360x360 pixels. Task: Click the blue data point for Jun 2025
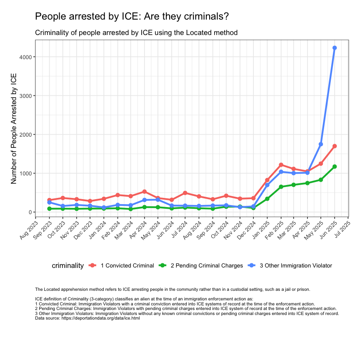coord(335,48)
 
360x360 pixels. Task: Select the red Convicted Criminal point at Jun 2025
coord(335,146)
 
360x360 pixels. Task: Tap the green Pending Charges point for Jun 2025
coord(335,167)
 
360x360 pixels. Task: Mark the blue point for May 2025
coord(321,144)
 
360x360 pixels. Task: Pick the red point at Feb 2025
coord(281,165)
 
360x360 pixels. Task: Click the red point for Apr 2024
coord(144,192)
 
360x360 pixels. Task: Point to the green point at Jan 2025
coord(267,199)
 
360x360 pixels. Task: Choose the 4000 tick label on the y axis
coord(25,57)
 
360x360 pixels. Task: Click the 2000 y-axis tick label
coord(25,135)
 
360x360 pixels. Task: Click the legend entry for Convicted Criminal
coord(127,265)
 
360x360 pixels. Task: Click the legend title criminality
coord(68,265)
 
